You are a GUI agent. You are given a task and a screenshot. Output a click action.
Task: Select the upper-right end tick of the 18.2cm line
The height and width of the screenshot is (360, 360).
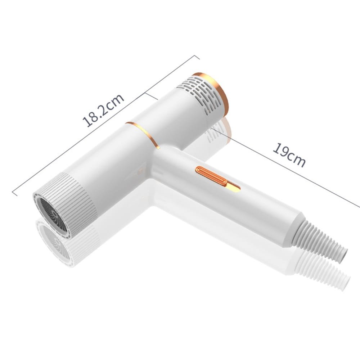197,57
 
